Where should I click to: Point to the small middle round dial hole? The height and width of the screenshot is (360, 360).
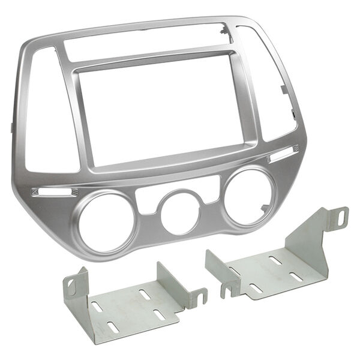point(179,214)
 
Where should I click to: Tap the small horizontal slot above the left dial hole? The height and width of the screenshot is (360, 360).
point(54,192)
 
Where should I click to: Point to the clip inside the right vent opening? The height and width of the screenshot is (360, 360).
point(284,90)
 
